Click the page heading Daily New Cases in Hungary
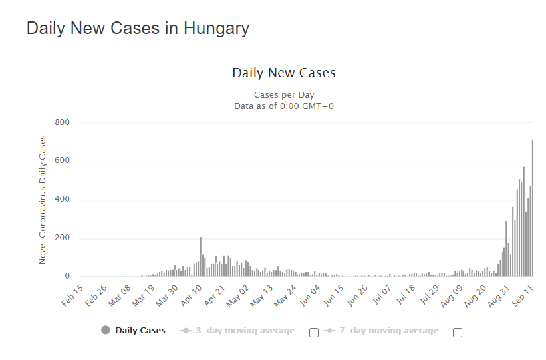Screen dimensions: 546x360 coord(138,29)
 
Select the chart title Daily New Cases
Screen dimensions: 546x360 coord(284,73)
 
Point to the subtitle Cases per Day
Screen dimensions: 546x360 coord(284,94)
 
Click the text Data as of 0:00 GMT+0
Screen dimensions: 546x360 coord(284,106)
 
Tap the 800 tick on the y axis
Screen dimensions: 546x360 coord(62,122)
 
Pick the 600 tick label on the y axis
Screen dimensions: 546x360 coord(62,160)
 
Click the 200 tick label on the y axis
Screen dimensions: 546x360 coord(62,238)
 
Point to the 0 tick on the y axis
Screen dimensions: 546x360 coord(67,276)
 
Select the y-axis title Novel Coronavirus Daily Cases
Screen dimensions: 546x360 coord(43,200)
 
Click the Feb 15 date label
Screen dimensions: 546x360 coord(72,296)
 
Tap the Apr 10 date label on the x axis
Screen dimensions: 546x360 coord(191,296)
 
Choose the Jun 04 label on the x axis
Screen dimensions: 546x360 coord(310,296)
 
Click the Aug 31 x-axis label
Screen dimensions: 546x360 coord(499,297)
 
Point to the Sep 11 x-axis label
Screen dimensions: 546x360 coord(523,296)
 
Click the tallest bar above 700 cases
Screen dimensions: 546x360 coord(533,208)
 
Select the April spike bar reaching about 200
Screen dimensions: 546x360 coord(201,257)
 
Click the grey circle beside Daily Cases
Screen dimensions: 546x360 coord(106,330)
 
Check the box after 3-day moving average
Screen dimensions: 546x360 coord(314,333)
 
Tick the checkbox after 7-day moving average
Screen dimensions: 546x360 coord(458,333)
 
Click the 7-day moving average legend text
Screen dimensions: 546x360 coord(388,330)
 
